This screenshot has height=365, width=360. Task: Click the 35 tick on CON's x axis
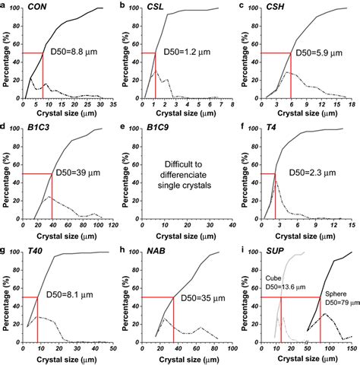[x=111, y=105]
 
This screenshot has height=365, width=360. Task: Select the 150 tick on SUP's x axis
[x=350, y=349]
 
